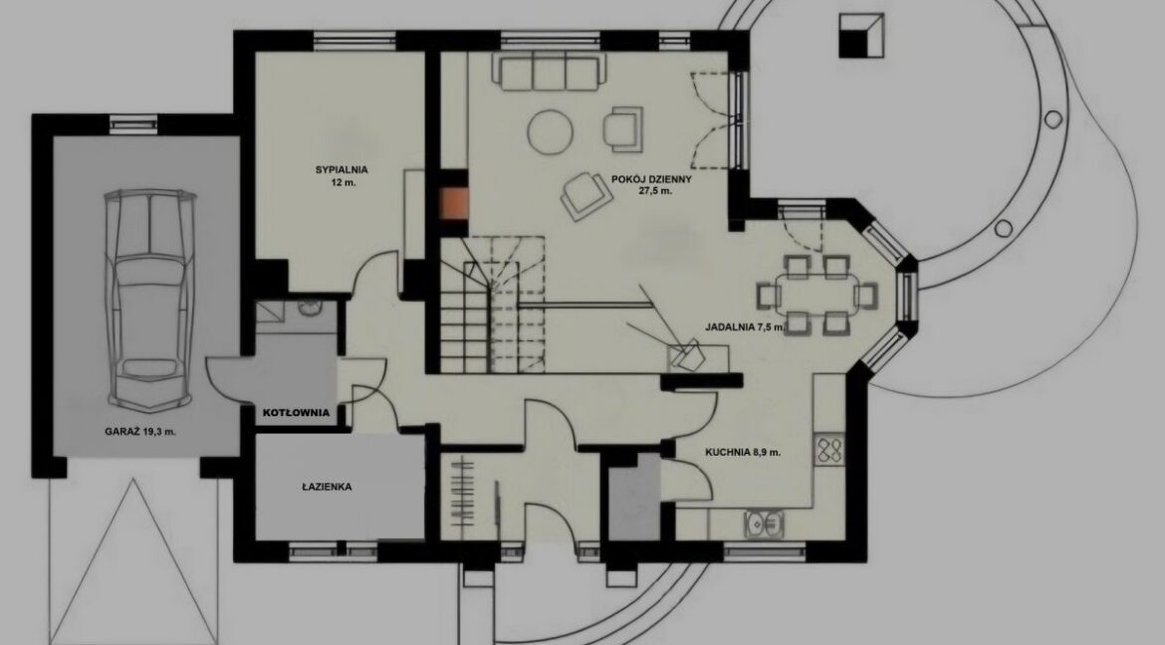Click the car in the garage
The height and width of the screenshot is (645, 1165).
[x=149, y=300]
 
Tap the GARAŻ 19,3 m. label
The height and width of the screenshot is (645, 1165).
[x=140, y=431]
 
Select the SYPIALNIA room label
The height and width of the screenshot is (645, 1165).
[x=341, y=169]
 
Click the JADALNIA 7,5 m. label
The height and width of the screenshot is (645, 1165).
[x=745, y=326]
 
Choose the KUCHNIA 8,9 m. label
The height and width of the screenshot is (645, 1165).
[x=743, y=452]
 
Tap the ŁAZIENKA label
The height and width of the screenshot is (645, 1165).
[x=327, y=488]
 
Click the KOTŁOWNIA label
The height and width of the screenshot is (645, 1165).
[x=297, y=413]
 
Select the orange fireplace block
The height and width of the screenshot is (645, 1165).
[x=454, y=204]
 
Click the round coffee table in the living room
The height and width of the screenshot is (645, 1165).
[x=551, y=132]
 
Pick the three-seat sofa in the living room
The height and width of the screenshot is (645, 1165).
[x=549, y=72]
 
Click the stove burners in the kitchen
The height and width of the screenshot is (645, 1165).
[x=829, y=449]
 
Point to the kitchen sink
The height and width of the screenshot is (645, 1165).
[x=764, y=524]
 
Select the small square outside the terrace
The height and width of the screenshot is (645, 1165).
[x=861, y=35]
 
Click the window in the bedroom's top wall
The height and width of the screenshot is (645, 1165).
[x=355, y=40]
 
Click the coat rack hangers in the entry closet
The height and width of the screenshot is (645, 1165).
[x=462, y=493]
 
